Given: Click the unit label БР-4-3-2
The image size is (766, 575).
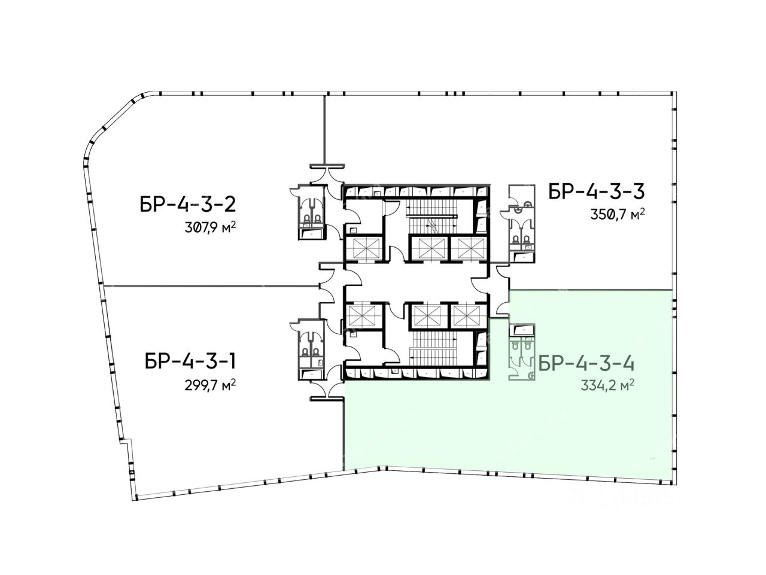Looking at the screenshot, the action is coord(188,205).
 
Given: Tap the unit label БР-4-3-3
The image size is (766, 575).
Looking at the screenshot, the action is coord(597,191).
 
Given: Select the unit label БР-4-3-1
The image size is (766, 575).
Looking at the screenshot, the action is coord(190,361).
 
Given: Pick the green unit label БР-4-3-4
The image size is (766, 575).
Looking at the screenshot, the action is coord(586,364).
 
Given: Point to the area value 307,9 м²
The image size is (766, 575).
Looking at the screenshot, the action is coord(210,227).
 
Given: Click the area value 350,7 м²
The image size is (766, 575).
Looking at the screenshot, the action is coord(618,214).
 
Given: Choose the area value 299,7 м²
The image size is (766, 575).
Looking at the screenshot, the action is coord(210,385).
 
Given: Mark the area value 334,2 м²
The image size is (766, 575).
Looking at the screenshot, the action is coord(607,385).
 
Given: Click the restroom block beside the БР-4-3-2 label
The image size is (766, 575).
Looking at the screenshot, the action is coord(312,212).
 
